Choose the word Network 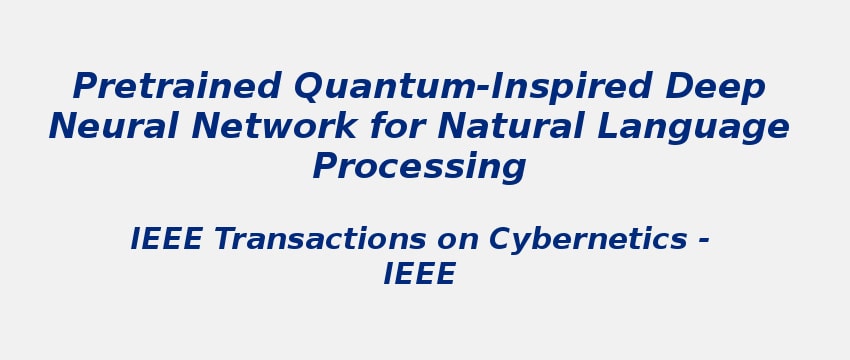click(x=274, y=127)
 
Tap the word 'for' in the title click(x=395, y=127)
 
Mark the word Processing click(x=419, y=167)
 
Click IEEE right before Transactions click(x=167, y=240)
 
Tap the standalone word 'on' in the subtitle click(x=459, y=240)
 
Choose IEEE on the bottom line click(x=419, y=274)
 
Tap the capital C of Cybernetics click(x=499, y=240)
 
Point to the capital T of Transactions click(x=223, y=240)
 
